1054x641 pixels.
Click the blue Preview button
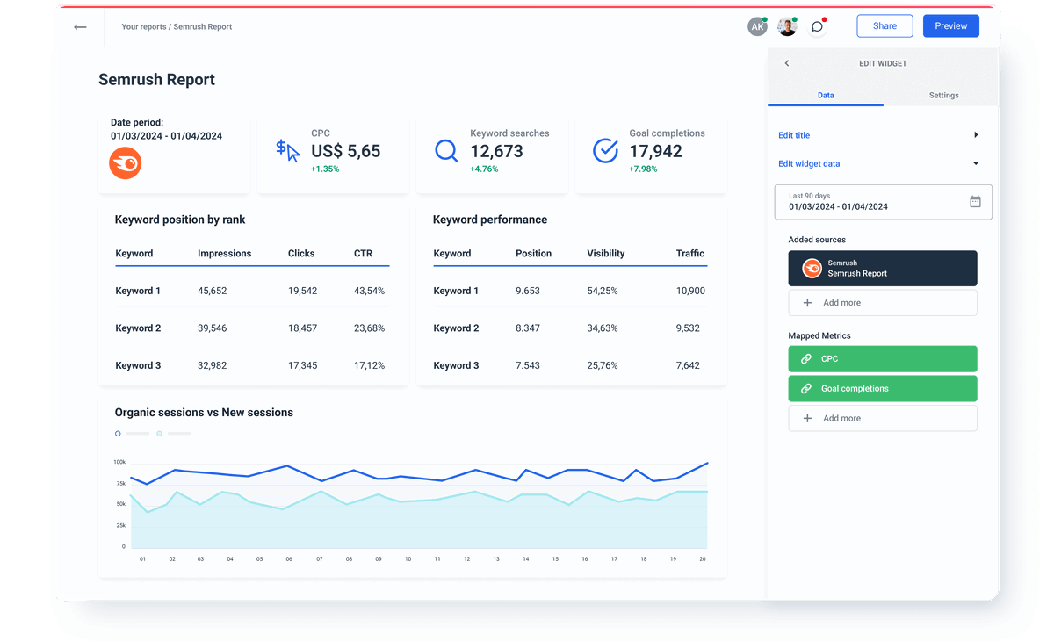point(950,26)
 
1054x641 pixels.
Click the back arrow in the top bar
point(80,27)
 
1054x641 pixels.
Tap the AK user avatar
point(757,26)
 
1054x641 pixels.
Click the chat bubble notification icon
point(817,26)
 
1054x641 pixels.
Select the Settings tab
point(943,95)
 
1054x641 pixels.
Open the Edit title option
point(794,135)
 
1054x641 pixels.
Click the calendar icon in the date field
point(975,201)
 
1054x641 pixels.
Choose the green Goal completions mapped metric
point(882,388)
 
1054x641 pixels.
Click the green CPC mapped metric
point(882,358)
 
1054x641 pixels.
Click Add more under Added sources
point(882,303)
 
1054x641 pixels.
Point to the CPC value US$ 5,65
point(345,151)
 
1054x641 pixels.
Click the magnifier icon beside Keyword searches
point(446,151)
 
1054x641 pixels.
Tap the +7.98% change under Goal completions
point(643,169)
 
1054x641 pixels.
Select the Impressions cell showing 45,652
point(213,291)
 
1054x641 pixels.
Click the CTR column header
point(363,253)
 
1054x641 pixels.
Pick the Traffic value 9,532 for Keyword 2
point(688,328)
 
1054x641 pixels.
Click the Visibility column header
point(605,253)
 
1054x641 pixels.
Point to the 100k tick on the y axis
point(119,462)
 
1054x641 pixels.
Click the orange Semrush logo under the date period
point(126,164)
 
